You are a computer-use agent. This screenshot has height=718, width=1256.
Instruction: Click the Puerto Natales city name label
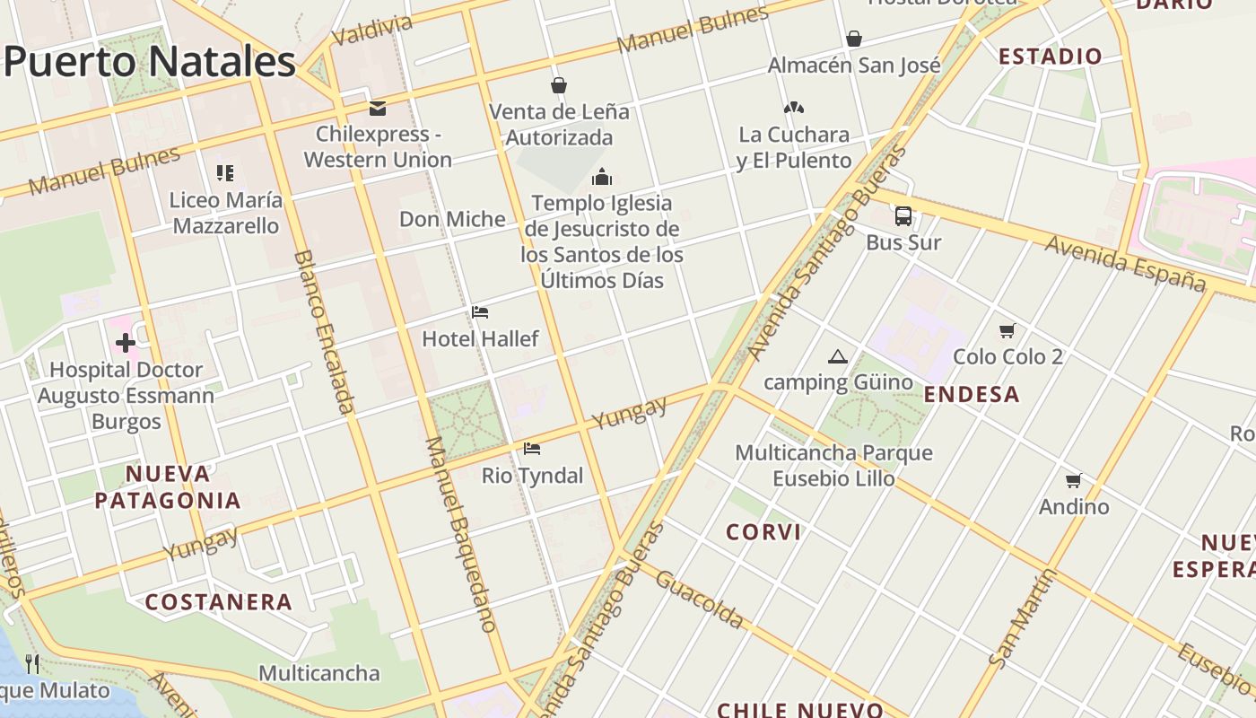[149, 61]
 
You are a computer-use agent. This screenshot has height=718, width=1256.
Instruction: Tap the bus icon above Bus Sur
[903, 216]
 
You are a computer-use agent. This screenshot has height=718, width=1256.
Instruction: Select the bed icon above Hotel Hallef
[480, 312]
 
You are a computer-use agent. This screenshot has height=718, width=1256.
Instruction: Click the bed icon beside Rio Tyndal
[532, 448]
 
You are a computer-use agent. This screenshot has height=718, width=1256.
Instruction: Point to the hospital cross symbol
[126, 342]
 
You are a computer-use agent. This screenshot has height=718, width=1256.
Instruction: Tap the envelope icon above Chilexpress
[378, 109]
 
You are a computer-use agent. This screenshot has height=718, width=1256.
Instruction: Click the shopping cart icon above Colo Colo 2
[1007, 330]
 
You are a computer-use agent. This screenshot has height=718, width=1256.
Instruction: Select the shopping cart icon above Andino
[1073, 480]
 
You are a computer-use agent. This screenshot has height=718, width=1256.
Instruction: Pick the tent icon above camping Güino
[837, 356]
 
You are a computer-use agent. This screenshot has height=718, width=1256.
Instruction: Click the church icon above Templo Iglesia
[602, 176]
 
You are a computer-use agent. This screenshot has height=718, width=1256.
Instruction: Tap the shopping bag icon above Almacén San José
[854, 39]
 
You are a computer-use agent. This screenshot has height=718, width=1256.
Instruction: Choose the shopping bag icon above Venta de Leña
[559, 85]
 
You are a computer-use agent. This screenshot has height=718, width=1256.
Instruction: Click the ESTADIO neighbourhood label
[1050, 57]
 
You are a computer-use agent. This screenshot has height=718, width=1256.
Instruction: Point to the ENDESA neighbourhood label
[972, 394]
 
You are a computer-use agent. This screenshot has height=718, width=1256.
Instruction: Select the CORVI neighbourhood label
[763, 532]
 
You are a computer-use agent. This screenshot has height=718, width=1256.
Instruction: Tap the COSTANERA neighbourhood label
[219, 602]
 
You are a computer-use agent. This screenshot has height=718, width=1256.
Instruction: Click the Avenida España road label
[1126, 263]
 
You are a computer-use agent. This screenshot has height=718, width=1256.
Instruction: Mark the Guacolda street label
[700, 599]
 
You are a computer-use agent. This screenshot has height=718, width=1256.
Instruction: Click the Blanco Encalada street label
[324, 332]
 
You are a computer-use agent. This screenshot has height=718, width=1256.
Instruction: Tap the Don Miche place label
[452, 219]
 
